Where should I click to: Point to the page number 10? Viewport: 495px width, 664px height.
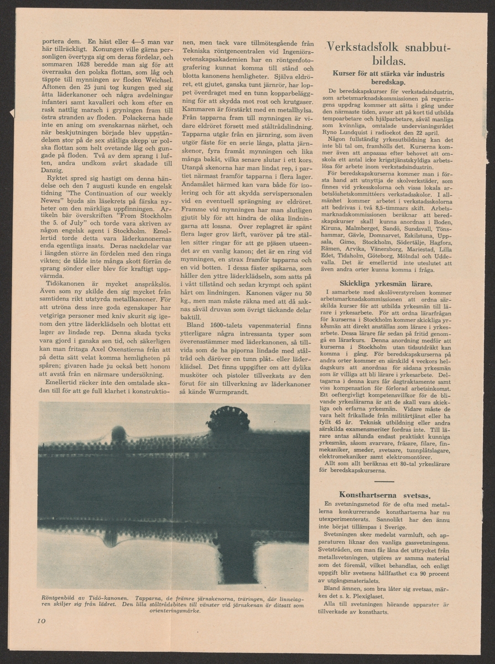(x=41, y=621)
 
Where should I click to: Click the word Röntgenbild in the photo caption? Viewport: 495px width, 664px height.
(x=60, y=598)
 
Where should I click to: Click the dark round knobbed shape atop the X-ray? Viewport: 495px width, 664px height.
(x=227, y=421)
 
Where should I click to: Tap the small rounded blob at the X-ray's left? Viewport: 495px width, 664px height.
(x=118, y=434)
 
